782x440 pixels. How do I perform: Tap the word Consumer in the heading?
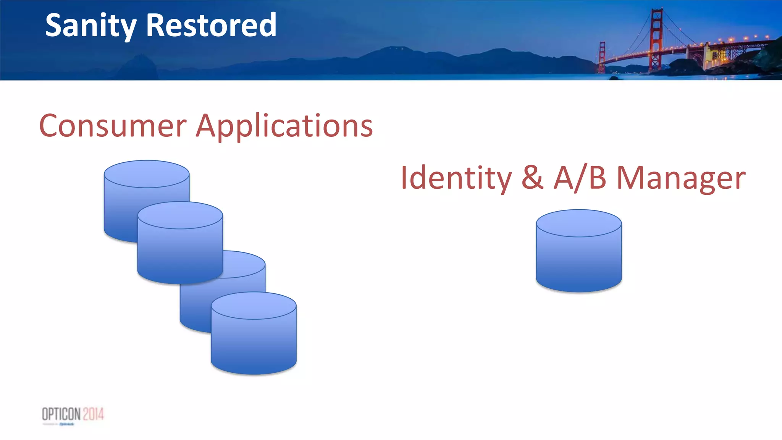click(x=113, y=126)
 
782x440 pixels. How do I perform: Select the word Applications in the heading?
click(x=284, y=126)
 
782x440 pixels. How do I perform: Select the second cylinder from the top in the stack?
click(x=180, y=248)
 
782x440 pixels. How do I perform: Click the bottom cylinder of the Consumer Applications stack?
click(x=254, y=340)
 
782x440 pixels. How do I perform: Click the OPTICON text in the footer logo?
click(x=61, y=414)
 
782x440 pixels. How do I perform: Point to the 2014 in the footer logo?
click(x=94, y=414)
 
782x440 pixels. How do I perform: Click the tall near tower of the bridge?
click(x=656, y=38)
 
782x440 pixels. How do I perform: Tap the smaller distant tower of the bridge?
click(x=602, y=57)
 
